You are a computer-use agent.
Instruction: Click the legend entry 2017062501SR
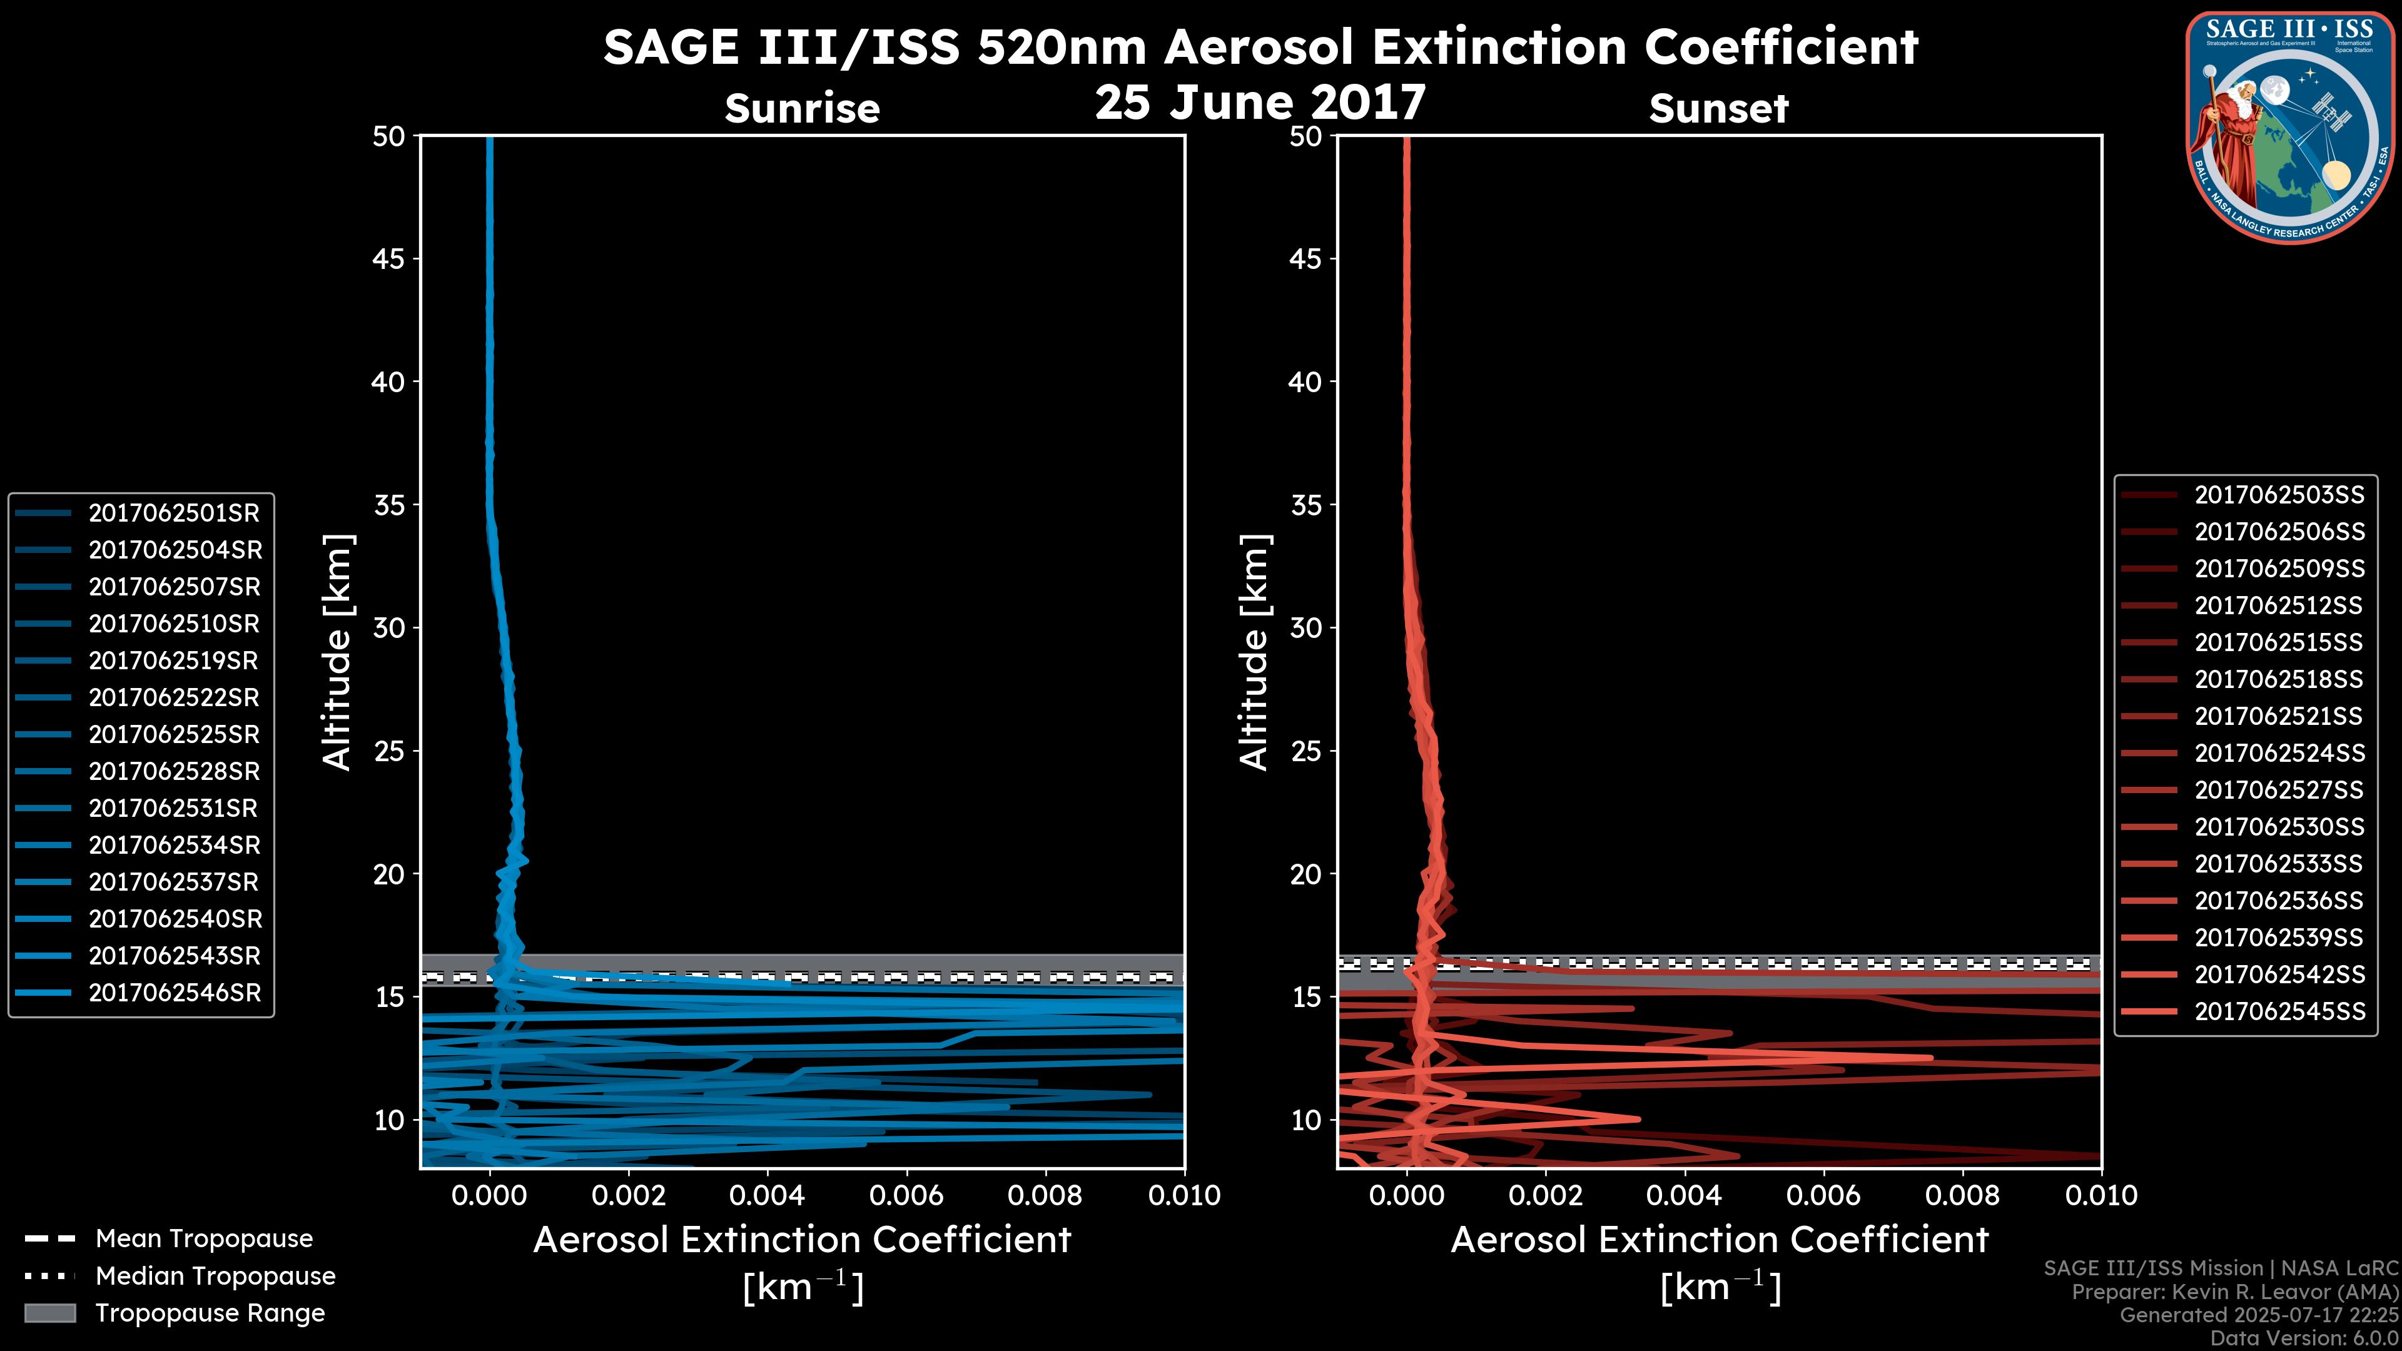pyautogui.click(x=173, y=513)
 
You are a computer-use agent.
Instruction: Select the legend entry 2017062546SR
pyautogui.click(x=173, y=993)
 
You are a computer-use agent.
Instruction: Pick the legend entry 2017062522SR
pyautogui.click(x=173, y=697)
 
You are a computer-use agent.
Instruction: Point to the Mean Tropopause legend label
pyautogui.click(x=203, y=1239)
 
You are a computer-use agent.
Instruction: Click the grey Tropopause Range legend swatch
pyautogui.click(x=50, y=1313)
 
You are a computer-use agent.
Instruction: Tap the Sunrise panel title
pyautogui.click(x=802, y=108)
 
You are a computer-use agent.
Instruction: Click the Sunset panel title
pyautogui.click(x=1718, y=108)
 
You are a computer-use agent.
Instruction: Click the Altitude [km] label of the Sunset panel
pyautogui.click(x=1254, y=652)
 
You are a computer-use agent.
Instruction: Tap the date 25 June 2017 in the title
pyautogui.click(x=1260, y=103)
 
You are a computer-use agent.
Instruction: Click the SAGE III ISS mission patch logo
pyautogui.click(x=2292, y=126)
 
